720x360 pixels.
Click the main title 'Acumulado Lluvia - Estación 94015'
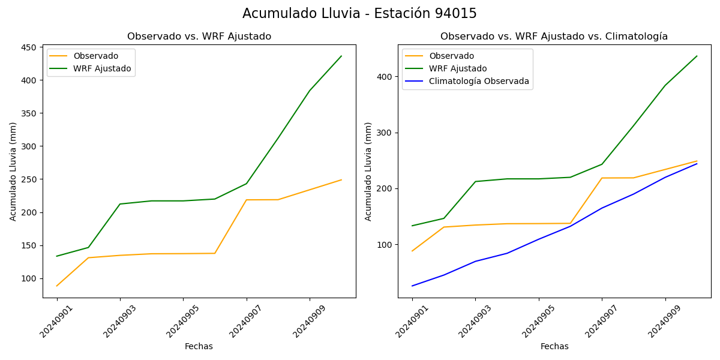click(x=359, y=14)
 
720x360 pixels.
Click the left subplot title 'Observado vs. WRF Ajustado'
click(x=199, y=37)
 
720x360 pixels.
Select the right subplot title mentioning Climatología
click(x=554, y=37)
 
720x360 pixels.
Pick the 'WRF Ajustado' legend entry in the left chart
click(x=102, y=68)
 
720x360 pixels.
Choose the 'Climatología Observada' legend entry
click(x=479, y=82)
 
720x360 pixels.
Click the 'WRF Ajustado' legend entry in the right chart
click(x=458, y=68)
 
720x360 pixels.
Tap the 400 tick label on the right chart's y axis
click(x=385, y=77)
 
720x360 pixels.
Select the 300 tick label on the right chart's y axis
click(x=385, y=133)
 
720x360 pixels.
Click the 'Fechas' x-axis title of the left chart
click(x=199, y=346)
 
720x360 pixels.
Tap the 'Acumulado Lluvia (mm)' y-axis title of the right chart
click(x=369, y=172)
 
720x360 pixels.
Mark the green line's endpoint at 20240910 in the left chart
click(x=341, y=56)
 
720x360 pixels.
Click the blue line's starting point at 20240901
click(x=412, y=286)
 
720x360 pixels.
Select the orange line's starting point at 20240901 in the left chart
click(x=57, y=286)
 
